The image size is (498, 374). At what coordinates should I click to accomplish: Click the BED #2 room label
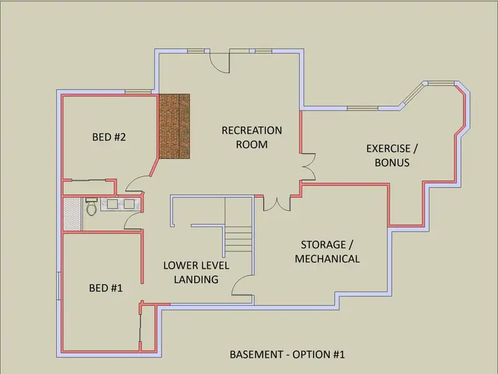[109, 137]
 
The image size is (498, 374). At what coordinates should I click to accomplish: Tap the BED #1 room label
[106, 288]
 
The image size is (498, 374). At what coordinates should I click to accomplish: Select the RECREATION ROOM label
[251, 137]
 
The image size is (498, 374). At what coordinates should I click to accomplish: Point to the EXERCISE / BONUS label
[392, 155]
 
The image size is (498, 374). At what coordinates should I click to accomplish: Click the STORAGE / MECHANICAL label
[327, 252]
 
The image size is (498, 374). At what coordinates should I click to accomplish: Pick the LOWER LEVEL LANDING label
[196, 272]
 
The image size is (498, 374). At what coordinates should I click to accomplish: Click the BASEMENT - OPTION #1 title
[287, 354]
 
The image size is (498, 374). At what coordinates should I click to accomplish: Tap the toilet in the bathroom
[91, 206]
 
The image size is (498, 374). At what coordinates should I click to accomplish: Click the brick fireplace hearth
[174, 127]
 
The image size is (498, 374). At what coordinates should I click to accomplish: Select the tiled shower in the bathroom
[72, 214]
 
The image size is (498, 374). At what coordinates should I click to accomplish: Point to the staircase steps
[238, 239]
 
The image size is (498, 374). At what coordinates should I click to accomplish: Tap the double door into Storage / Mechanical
[277, 203]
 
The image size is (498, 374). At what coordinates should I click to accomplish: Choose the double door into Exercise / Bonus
[308, 167]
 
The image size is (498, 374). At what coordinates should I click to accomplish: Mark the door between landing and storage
[243, 285]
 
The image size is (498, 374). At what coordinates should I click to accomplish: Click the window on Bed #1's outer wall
[59, 286]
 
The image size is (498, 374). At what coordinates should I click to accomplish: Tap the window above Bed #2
[138, 92]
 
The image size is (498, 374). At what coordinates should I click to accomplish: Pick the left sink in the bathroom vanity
[113, 204]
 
